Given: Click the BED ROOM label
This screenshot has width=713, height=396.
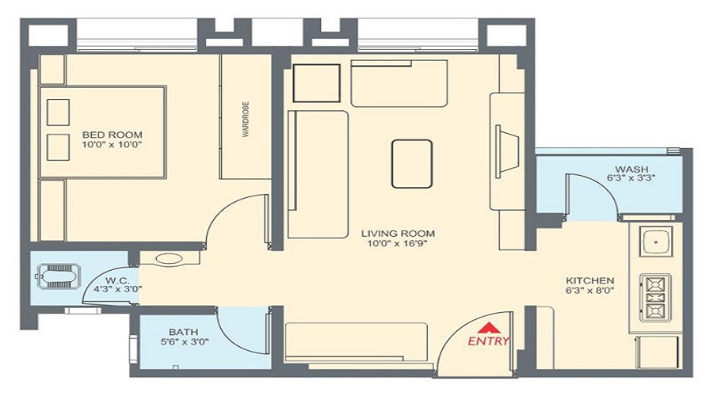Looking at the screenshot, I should (x=112, y=135).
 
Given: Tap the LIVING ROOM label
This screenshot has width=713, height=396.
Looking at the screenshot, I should (x=398, y=234).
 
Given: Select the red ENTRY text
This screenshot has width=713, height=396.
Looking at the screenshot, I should (x=489, y=341).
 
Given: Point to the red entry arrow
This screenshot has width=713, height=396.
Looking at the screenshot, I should (x=490, y=327).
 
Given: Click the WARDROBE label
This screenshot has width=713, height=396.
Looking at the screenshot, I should (x=246, y=119).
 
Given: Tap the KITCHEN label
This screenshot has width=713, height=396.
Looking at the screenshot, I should (x=590, y=281).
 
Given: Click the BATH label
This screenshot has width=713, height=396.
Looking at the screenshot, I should (x=183, y=332).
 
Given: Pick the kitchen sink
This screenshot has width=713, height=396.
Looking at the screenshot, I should (x=655, y=240).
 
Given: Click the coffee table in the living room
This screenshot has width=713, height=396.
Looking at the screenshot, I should (x=411, y=163).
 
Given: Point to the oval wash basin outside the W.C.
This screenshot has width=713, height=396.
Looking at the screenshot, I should (x=169, y=258).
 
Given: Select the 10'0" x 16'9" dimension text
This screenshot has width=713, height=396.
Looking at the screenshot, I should (x=398, y=244).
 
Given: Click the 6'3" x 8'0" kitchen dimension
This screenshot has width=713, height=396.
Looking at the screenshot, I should (x=590, y=291).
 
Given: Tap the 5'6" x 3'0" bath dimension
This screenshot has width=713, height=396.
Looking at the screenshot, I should (x=183, y=342).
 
